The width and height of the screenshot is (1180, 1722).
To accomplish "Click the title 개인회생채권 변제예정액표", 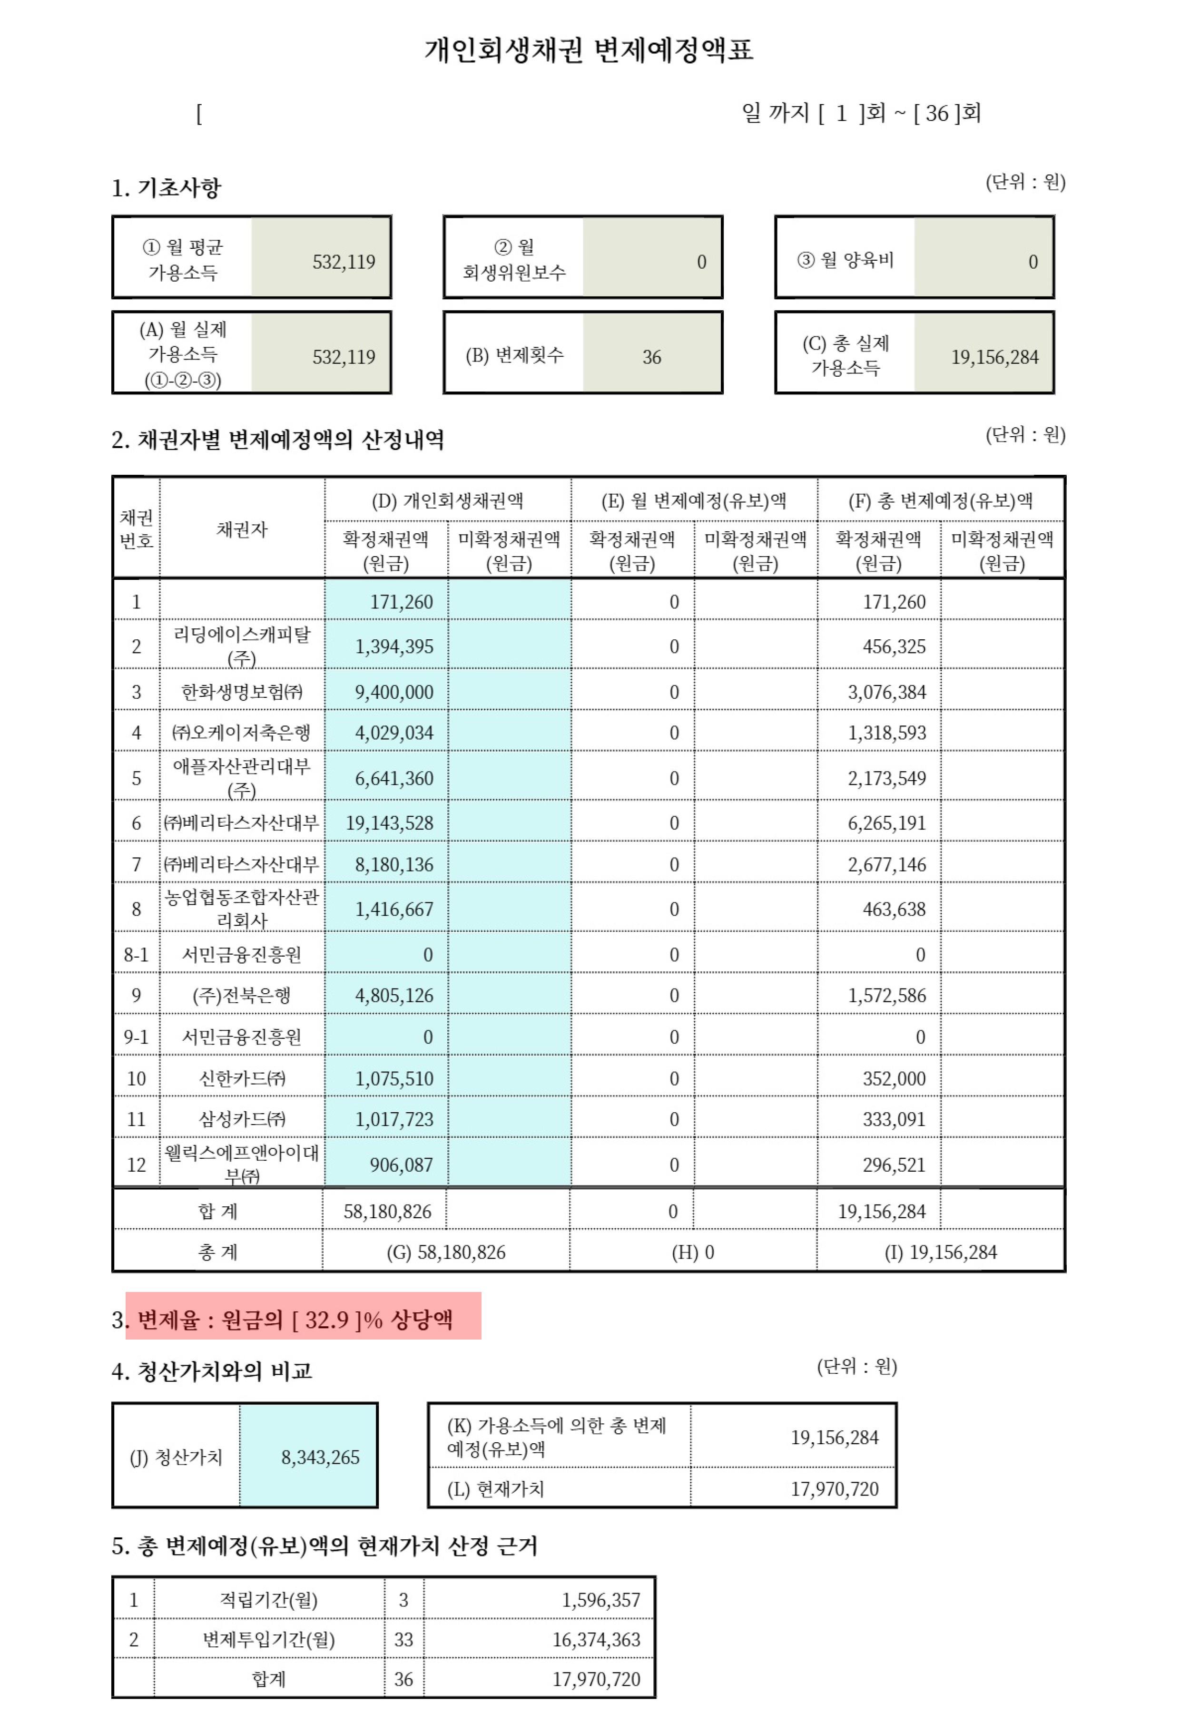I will pos(589,50).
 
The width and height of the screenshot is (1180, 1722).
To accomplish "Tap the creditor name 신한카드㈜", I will pos(242,1078).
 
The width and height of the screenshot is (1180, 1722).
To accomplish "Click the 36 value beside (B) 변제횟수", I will pos(651,357).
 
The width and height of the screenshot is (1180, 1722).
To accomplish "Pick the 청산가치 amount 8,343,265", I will pos(320,1458).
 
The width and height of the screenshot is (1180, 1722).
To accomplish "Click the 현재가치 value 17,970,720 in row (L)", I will pos(834,1488).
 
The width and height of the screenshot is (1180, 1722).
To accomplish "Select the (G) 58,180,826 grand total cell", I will pos(446,1252).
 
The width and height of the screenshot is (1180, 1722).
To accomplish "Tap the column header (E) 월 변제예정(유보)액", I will pos(694,501).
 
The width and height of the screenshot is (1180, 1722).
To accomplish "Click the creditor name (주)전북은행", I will pos(242,995).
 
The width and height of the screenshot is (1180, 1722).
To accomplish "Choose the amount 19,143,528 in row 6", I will pos(389,822).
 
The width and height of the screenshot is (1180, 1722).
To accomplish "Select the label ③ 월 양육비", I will pos(845,260).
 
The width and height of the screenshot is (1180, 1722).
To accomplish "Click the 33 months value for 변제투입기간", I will pos(403,1640).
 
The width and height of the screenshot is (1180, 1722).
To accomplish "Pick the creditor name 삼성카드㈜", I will pos(242,1119).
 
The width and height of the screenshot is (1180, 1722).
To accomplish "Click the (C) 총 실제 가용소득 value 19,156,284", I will pos(995,357).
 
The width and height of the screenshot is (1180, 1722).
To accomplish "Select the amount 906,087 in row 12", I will pos(401,1165).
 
